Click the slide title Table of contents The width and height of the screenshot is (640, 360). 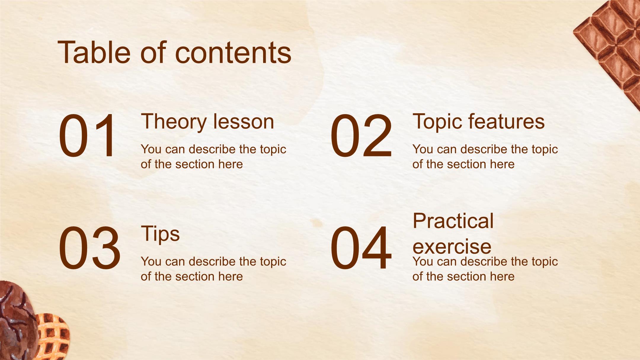click(x=174, y=52)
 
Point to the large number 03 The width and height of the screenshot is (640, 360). click(x=89, y=248)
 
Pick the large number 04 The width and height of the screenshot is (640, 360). click(x=361, y=248)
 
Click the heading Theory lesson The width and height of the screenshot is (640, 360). click(x=207, y=121)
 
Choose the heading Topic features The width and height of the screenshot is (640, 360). click(x=479, y=121)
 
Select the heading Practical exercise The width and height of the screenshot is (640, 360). click(x=453, y=233)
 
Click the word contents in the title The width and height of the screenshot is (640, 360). click(x=233, y=54)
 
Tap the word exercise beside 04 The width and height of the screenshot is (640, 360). click(x=452, y=247)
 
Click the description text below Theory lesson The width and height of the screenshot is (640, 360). click(x=213, y=156)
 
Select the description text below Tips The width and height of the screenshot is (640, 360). click(x=213, y=269)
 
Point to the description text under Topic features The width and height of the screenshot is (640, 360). click(x=485, y=156)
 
